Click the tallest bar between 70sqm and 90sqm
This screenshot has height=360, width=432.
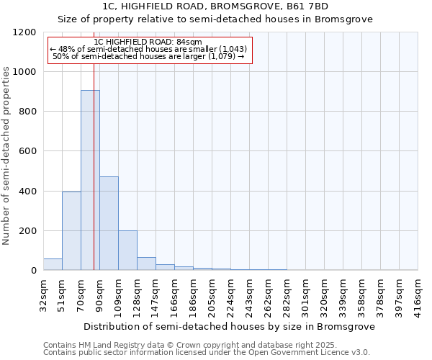(x=90, y=180)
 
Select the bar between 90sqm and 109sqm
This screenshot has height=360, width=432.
(x=109, y=223)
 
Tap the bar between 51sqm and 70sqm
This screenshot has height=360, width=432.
(x=71, y=230)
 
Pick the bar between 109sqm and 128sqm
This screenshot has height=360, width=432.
(x=127, y=251)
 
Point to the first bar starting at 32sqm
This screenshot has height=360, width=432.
(x=53, y=264)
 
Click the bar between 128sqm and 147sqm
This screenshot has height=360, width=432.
(x=146, y=264)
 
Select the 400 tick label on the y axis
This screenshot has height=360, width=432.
(x=29, y=192)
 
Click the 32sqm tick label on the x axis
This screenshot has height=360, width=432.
(x=43, y=295)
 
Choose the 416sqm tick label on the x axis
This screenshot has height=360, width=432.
(x=418, y=295)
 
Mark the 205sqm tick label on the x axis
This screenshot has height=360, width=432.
(x=212, y=295)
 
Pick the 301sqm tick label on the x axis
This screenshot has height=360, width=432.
(x=305, y=295)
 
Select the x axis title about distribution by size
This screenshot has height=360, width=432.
(x=230, y=326)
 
